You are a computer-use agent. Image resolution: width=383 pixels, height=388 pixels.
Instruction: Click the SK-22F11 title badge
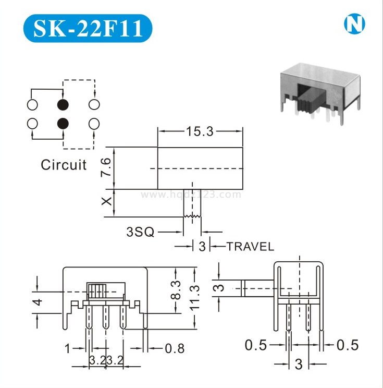(88, 28)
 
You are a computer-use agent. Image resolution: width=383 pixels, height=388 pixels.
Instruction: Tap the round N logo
(354, 24)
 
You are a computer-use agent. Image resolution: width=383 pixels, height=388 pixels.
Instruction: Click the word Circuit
(64, 165)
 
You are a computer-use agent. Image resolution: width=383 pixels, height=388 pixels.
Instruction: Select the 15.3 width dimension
(200, 131)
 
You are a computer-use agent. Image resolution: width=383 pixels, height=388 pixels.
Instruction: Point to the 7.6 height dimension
(106, 167)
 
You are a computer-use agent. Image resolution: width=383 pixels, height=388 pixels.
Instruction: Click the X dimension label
(107, 202)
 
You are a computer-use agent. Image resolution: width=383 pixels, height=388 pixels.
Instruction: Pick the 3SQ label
(140, 232)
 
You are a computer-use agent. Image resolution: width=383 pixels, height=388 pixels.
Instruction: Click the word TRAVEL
(250, 247)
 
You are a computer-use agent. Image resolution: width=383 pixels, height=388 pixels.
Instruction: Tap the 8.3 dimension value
(176, 290)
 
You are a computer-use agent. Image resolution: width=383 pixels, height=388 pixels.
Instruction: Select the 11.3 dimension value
(194, 297)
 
